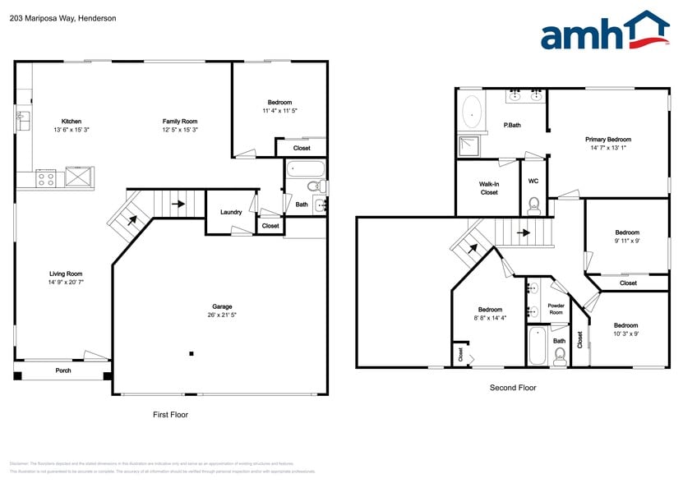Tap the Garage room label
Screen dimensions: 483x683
pyautogui.click(x=222, y=306)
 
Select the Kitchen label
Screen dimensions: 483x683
pyautogui.click(x=72, y=121)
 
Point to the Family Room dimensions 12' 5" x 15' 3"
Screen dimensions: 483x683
pyautogui.click(x=179, y=130)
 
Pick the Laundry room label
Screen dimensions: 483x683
pyautogui.click(x=231, y=212)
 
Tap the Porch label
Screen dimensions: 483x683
pyautogui.click(x=63, y=370)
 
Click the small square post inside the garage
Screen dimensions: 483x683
pyautogui.click(x=192, y=354)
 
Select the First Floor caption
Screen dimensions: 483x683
pyautogui.click(x=171, y=415)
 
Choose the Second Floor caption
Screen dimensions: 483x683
pyautogui.click(x=513, y=388)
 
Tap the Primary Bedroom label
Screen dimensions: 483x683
pyautogui.click(x=608, y=140)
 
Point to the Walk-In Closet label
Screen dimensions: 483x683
pyautogui.click(x=489, y=188)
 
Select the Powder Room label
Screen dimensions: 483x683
pyautogui.click(x=556, y=309)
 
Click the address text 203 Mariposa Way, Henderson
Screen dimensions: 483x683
pyautogui.click(x=62, y=17)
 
